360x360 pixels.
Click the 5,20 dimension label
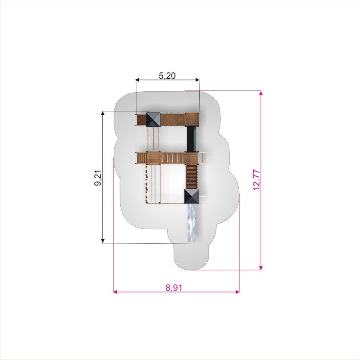click(x=167, y=75)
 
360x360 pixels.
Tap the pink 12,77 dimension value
click(x=256, y=180)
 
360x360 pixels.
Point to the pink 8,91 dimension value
click(x=174, y=288)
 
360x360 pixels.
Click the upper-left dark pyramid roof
click(x=153, y=119)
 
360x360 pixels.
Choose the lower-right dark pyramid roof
click(x=192, y=196)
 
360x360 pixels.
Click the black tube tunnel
click(x=192, y=139)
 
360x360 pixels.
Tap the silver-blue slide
click(x=192, y=223)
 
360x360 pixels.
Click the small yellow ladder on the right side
click(x=203, y=158)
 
